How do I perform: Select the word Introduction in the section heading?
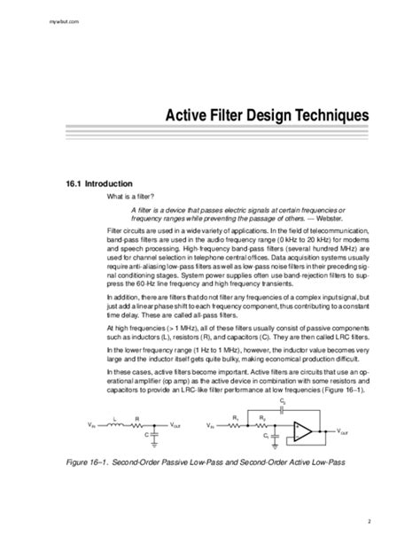coord(101,183)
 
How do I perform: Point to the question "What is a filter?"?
coord(131,196)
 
